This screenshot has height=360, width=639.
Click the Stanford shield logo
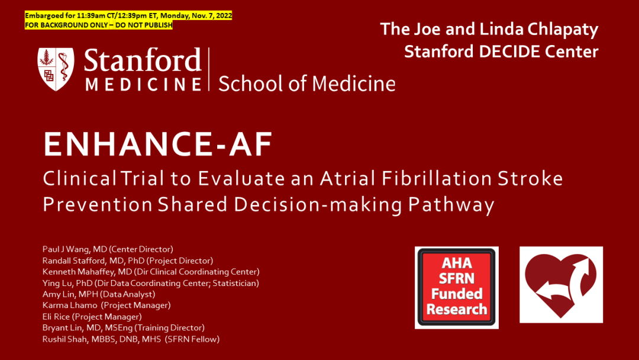tap(56, 69)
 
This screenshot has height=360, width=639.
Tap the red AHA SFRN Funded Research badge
tap(456, 287)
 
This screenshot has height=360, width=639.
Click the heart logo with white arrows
tap(561, 285)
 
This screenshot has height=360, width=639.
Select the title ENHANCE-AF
tap(158, 144)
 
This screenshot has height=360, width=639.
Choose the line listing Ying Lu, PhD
tap(151, 283)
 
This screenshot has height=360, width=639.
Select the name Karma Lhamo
tap(70, 305)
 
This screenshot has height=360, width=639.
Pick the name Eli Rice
tap(56, 316)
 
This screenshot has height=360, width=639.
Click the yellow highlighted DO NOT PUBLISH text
tap(144, 25)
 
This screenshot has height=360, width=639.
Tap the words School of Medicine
tap(307, 83)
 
